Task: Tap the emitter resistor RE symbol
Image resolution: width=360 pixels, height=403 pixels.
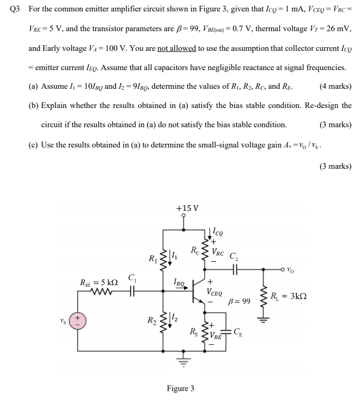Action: [206, 333]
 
